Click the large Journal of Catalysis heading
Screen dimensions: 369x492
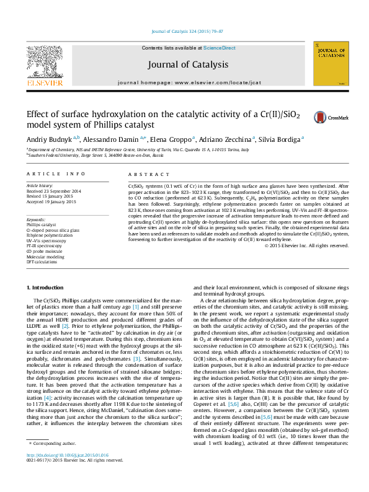click(x=188, y=64)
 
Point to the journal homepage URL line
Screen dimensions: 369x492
click(x=187, y=82)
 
